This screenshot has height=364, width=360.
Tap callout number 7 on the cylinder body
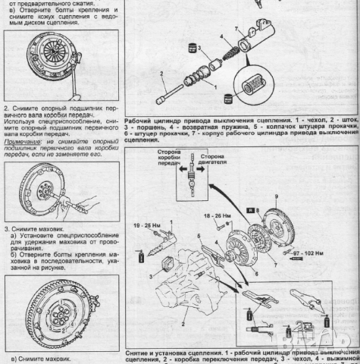(236, 29)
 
